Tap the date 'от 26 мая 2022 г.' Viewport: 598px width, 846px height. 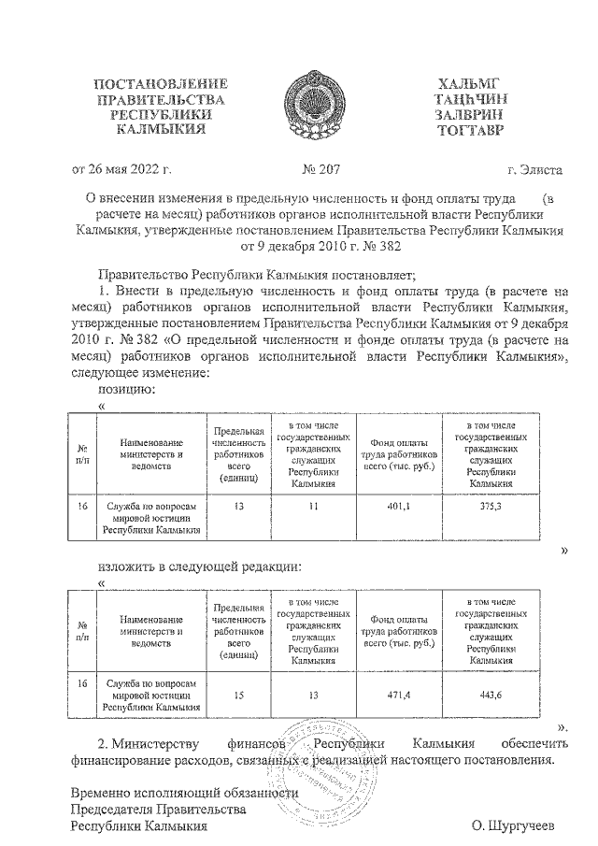(121, 170)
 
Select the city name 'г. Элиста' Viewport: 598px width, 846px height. (534, 170)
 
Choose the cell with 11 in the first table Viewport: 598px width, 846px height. (313, 506)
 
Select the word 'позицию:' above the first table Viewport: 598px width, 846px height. (127, 388)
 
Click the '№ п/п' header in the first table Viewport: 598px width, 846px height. (83, 452)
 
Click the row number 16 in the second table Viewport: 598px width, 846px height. (83, 682)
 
